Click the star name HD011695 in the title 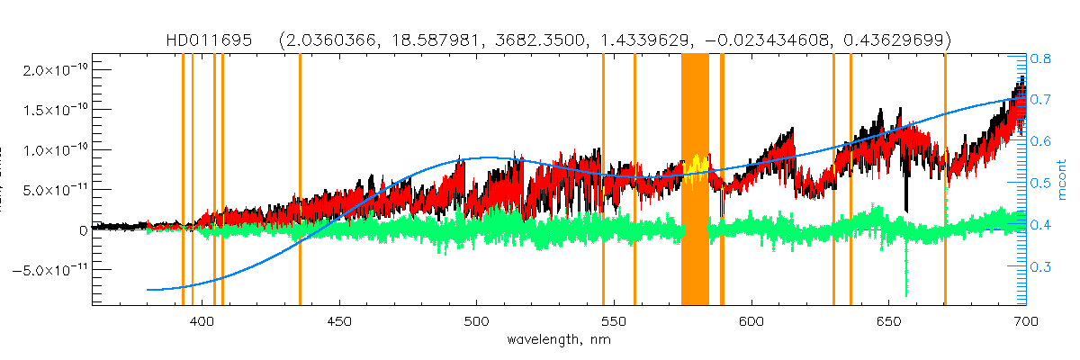211,40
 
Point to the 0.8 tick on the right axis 1041,57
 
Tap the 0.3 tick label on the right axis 1041,266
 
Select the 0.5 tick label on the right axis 1041,183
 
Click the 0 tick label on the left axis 83,229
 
